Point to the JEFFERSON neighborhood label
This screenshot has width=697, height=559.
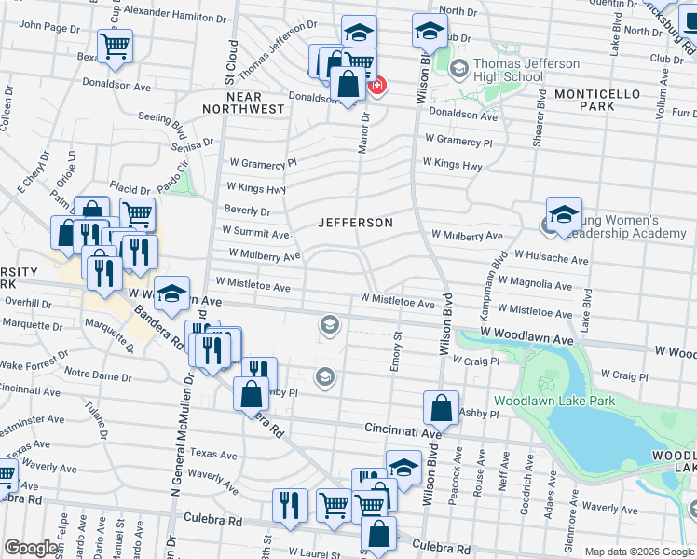[355, 223]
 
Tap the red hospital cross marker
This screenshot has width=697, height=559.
[377, 87]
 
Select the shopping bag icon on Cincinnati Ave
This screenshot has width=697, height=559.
[441, 408]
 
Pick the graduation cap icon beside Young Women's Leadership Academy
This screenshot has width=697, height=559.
[564, 215]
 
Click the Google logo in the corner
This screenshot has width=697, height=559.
[32, 547]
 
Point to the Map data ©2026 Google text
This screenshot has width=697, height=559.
[638, 552]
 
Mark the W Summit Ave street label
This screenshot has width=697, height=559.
[256, 231]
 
